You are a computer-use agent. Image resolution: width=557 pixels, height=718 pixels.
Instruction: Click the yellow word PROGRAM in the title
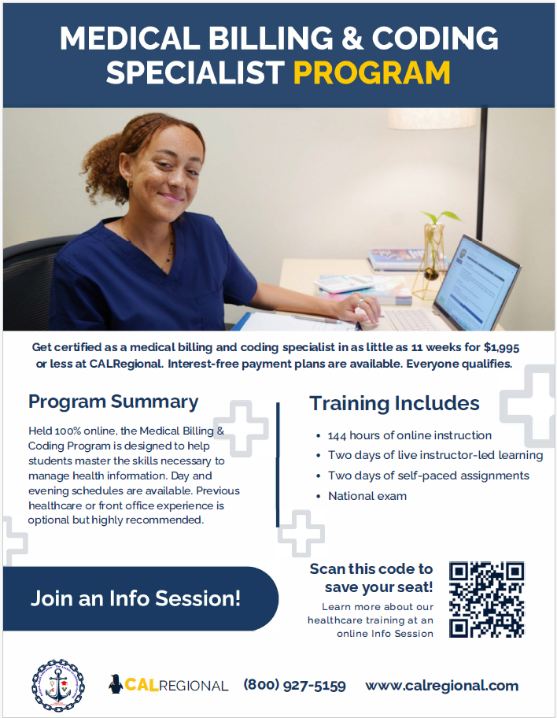pos(371,72)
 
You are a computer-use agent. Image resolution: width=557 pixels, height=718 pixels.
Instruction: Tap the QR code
pos(486,599)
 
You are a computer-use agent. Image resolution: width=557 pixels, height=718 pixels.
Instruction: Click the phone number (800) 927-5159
pos(295,685)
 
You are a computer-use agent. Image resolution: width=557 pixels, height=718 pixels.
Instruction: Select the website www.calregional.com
pos(441,686)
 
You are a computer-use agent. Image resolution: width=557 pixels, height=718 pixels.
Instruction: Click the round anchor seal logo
pos(58,686)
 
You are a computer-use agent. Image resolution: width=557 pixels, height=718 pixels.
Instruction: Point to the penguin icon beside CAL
pos(116,684)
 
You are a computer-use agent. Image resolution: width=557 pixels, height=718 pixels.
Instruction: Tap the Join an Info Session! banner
pos(140,598)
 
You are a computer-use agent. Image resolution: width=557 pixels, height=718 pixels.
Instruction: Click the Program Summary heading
pos(113,402)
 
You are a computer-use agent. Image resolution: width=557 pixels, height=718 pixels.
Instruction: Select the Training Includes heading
pos(394,403)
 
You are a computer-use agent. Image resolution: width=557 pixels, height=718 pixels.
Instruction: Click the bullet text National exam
pos(367,496)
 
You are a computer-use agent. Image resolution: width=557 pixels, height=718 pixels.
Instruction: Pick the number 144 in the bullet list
pos(337,435)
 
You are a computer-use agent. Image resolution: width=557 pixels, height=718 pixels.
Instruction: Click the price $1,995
pos(501,347)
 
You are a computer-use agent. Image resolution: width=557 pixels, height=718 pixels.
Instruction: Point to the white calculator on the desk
pos(343,283)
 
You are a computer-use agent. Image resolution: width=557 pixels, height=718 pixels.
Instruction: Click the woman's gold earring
pos(130,184)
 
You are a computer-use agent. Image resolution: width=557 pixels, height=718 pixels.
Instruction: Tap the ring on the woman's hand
pos(360,302)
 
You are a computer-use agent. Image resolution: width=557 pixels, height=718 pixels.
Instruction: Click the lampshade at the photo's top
pos(433,119)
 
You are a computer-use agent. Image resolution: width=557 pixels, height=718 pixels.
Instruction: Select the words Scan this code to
pos(371,569)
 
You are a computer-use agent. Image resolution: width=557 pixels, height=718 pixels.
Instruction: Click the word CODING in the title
pos(435,38)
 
